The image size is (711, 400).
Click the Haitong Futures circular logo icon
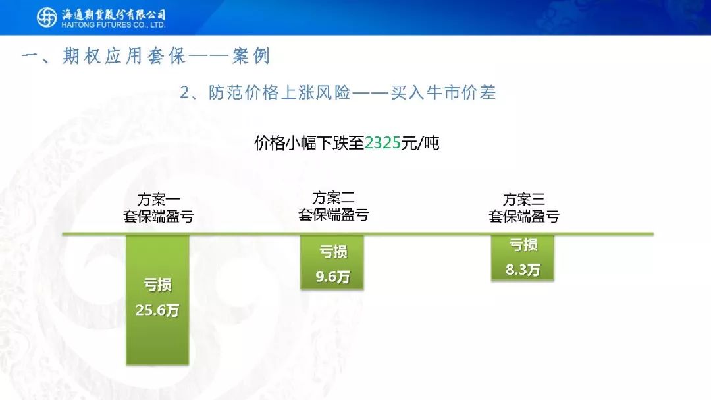(46, 17)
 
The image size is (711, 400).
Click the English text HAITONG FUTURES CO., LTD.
(113, 25)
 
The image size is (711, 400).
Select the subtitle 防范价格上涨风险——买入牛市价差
(352, 93)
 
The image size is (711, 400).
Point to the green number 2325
(382, 143)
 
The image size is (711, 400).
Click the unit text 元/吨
(420, 143)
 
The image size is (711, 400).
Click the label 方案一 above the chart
(158, 199)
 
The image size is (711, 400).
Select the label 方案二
(333, 198)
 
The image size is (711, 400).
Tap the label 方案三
(524, 199)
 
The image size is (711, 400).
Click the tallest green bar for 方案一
(157, 300)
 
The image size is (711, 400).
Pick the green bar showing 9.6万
(332, 262)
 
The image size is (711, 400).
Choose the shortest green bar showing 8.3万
(522, 258)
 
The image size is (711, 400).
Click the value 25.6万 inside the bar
(157, 310)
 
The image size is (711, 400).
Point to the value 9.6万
(332, 277)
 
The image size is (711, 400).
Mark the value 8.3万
(523, 270)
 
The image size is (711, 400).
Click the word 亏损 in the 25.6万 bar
(157, 285)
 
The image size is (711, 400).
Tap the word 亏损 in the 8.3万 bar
(523, 244)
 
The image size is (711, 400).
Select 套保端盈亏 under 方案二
(333, 215)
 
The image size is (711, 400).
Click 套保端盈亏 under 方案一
(158, 216)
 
